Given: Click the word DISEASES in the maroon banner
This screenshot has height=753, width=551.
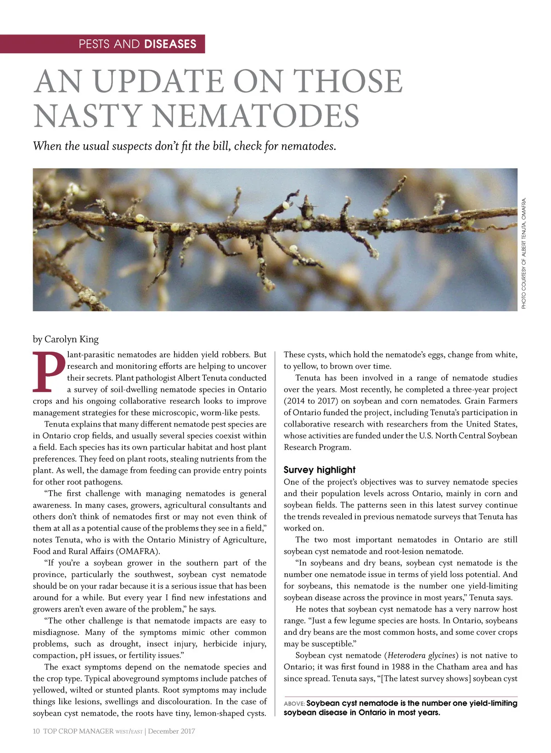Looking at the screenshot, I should tap(170, 44).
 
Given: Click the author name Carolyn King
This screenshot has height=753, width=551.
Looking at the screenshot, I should tap(71, 339).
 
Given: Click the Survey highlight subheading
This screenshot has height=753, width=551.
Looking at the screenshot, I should tap(319, 470).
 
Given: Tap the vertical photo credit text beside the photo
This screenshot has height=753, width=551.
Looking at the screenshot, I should tap(524, 253).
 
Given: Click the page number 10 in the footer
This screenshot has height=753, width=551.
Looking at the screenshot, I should tap(36, 731).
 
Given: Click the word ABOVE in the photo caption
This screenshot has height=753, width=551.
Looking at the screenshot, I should tap(294, 704).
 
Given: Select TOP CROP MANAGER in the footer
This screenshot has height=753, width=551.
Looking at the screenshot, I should tap(78, 731).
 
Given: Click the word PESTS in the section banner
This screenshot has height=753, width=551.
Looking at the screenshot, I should tap(94, 44).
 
